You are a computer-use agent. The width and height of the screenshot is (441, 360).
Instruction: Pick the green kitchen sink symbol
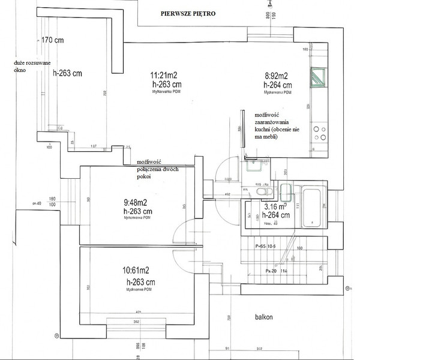(318, 78)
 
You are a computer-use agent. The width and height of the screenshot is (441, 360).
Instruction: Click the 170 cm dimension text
(52, 40)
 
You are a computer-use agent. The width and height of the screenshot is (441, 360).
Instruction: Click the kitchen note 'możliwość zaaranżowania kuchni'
(277, 125)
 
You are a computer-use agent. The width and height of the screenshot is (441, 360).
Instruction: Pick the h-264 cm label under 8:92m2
(279, 85)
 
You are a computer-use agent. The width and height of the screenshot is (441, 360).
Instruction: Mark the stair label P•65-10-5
(271, 246)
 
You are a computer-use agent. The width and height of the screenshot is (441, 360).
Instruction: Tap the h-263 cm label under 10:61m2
(141, 281)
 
